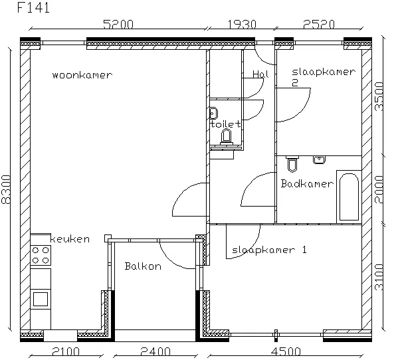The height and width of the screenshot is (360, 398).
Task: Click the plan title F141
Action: [x=33, y=7]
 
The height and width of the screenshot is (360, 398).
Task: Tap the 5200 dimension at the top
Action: [x=118, y=25]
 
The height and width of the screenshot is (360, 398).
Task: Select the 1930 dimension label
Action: [x=242, y=25]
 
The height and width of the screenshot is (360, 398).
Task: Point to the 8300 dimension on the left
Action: [x=6, y=189]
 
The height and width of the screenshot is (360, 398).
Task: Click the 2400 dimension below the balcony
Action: [x=155, y=351]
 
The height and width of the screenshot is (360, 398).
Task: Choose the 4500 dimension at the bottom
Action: [x=286, y=351]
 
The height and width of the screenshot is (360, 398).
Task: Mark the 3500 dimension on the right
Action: [x=379, y=96]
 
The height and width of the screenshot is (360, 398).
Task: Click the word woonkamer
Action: [x=82, y=75]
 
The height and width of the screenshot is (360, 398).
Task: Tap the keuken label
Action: [x=70, y=239]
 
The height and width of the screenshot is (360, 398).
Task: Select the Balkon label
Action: [x=143, y=266]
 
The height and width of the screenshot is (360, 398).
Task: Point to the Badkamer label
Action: [x=307, y=183]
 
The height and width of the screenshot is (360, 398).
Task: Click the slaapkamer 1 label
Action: [x=269, y=250]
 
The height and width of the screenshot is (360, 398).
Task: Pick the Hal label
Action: [x=260, y=74]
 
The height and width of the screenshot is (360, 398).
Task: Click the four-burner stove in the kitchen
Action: [x=41, y=255]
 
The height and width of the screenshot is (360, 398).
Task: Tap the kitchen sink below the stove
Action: [x=41, y=299]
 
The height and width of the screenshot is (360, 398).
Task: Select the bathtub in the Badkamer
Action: [x=349, y=197]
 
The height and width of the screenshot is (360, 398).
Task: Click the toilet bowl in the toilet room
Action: [x=226, y=136]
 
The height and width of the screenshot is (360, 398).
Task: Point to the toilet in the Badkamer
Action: [x=292, y=164]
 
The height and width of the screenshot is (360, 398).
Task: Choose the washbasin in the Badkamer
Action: [x=320, y=159]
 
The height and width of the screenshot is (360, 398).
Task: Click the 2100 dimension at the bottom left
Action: [x=66, y=351]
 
